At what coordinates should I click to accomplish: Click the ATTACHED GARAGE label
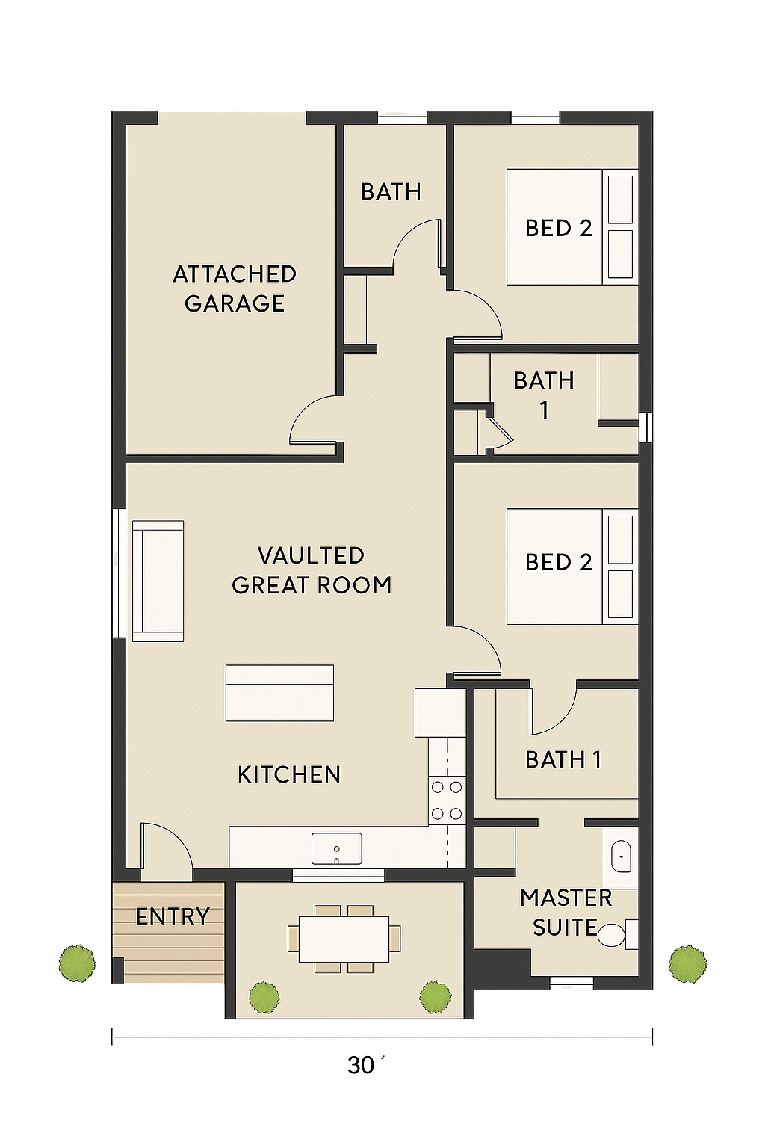[x=234, y=288]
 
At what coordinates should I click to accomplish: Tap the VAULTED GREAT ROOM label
[x=312, y=570]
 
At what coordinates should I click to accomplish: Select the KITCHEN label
[x=289, y=774]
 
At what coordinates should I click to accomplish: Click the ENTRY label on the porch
[x=173, y=916]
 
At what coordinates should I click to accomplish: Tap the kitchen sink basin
[x=337, y=848]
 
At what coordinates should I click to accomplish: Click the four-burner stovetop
[x=447, y=800]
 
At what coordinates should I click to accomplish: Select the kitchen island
[x=279, y=693]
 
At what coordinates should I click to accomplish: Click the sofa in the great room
[x=158, y=581]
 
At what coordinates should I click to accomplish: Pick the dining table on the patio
[x=344, y=939]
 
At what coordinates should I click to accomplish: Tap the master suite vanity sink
[x=621, y=856]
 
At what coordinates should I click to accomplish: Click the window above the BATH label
[x=402, y=118]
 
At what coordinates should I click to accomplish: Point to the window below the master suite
[x=572, y=983]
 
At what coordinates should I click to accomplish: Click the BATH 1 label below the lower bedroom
[x=563, y=759]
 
